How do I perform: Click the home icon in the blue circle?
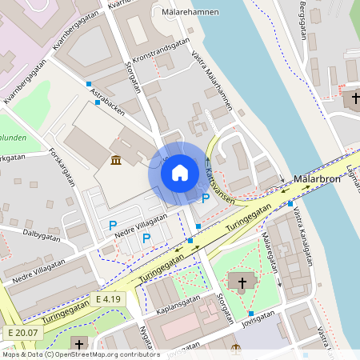point(179,172)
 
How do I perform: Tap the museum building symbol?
point(117,161)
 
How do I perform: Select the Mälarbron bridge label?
point(318,179)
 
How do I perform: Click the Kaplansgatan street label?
point(179,308)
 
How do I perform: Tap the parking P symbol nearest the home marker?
point(206,198)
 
